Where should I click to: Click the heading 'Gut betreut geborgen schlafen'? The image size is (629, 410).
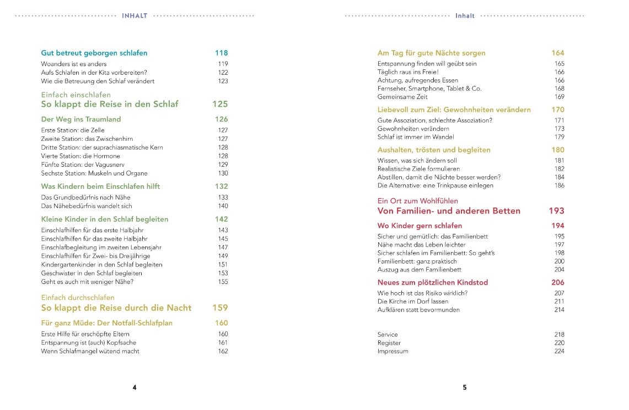[x=94, y=53]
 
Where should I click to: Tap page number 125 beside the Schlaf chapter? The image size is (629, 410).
[x=220, y=104]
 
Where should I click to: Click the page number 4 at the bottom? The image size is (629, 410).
[x=135, y=387]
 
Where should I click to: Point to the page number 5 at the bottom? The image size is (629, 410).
[x=465, y=387]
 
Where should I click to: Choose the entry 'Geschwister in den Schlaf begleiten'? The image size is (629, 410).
[x=92, y=273]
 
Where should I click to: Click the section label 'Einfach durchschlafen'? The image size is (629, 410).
[x=78, y=298]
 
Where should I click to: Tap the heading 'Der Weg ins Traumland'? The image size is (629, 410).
[x=81, y=119]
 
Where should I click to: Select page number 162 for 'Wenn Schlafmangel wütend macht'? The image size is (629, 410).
[x=223, y=351]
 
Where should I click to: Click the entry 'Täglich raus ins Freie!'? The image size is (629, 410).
[x=408, y=72]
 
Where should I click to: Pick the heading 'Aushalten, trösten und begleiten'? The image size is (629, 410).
[x=434, y=150]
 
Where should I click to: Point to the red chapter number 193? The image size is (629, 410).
[x=556, y=211]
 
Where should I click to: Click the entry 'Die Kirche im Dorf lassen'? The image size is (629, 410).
[x=413, y=302]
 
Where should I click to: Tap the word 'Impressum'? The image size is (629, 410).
[x=393, y=351]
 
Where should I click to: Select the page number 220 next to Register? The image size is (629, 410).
[x=559, y=343]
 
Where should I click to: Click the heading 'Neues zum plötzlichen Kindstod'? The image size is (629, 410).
[x=433, y=282]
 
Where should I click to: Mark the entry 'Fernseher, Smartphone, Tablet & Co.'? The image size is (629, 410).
[x=429, y=89]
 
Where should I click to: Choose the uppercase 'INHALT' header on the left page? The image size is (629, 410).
[x=135, y=16]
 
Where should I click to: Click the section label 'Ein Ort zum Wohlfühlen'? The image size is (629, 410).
[x=418, y=201]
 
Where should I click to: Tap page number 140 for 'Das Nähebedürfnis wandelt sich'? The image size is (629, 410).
[x=223, y=206]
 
